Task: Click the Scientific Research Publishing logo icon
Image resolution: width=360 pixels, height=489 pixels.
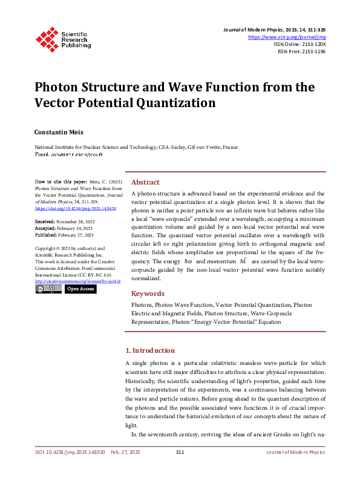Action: [x=47, y=38]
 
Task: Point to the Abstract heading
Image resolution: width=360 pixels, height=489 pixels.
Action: [x=145, y=182]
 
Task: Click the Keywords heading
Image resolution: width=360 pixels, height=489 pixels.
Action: [x=148, y=294]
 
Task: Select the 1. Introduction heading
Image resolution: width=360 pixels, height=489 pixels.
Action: [x=149, y=350]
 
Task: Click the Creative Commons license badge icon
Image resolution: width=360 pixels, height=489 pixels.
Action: [x=48, y=289]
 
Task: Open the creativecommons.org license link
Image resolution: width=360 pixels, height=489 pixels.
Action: [x=78, y=281]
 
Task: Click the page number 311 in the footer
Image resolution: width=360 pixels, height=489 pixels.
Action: [x=180, y=452]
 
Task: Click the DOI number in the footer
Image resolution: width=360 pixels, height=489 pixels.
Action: [x=70, y=452]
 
